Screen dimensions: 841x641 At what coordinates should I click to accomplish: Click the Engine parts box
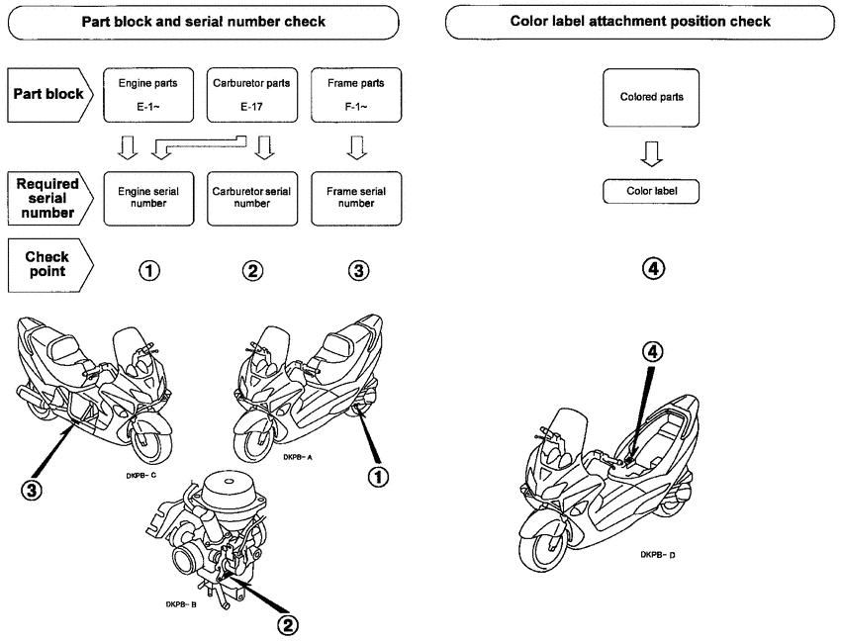tap(148, 95)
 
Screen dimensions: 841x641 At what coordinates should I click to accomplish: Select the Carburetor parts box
tap(252, 95)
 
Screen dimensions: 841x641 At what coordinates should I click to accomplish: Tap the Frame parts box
tap(356, 95)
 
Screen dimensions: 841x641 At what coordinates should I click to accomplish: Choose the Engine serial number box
tap(148, 199)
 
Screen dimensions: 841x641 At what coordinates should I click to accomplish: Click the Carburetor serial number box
tap(252, 199)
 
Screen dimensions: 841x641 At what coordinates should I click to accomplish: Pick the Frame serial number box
tap(356, 199)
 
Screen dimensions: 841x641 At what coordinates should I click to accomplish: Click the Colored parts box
tap(651, 98)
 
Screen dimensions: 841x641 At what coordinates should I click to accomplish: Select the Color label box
tap(651, 192)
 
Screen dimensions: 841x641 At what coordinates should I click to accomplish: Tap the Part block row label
tap(49, 95)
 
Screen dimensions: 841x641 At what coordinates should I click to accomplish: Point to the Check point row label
tap(49, 265)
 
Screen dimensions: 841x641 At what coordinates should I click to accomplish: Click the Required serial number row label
tap(49, 199)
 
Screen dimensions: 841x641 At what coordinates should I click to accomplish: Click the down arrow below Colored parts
tap(652, 154)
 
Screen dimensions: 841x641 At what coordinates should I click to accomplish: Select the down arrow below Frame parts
tap(356, 148)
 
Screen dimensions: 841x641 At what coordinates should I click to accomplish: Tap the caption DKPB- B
tap(181, 604)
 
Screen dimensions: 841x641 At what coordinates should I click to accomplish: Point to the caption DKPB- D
tap(658, 555)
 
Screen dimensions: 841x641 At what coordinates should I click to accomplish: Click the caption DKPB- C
tap(141, 475)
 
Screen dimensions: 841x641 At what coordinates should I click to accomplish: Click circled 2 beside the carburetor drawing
tap(288, 625)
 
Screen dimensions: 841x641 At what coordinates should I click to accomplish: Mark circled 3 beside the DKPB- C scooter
tap(32, 490)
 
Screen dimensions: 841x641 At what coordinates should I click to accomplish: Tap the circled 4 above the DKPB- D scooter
tap(653, 352)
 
